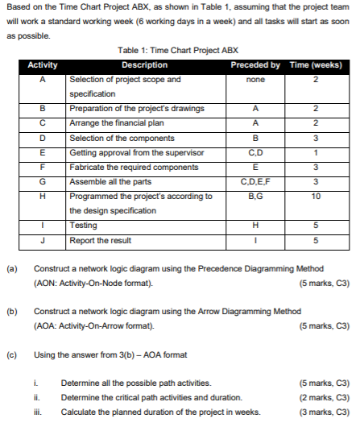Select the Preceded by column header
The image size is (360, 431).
pos(254,65)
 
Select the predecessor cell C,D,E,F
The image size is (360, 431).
pos(254,181)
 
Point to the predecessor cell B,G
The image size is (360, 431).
pos(254,196)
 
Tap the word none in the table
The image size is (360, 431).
pos(254,80)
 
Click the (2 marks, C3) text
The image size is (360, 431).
pos(323,398)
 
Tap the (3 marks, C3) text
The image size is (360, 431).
pos(323,412)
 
